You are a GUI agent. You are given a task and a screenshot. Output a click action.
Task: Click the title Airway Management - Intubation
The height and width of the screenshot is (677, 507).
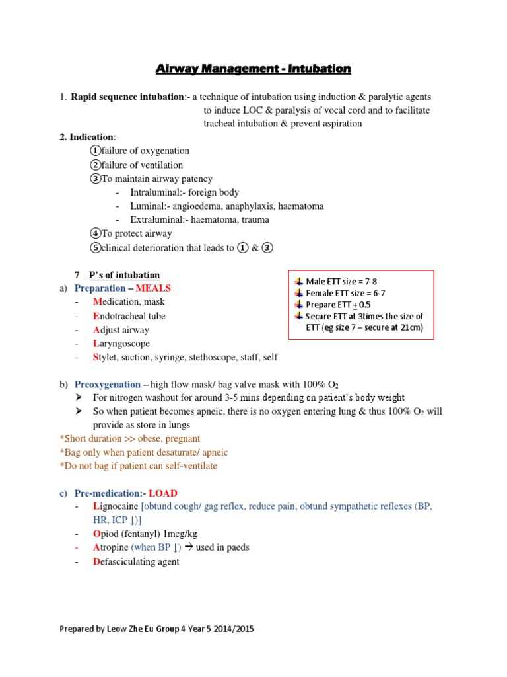coord(253,68)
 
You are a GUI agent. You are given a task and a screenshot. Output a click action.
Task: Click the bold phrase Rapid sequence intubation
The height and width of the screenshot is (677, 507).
coord(128,97)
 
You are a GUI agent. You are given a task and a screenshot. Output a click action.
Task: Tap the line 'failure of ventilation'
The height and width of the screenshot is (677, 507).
coord(142,165)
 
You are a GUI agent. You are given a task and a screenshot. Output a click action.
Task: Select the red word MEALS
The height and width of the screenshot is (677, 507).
coord(153,288)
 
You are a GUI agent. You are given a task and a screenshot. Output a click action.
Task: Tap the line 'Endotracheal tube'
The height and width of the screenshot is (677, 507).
coord(129,316)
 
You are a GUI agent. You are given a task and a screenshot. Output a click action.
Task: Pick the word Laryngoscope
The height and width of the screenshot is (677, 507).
coord(121,344)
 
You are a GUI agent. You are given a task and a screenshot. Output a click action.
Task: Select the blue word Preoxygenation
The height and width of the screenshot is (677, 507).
coord(108,384)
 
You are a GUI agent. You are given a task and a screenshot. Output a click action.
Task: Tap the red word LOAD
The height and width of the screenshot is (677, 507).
coord(163,493)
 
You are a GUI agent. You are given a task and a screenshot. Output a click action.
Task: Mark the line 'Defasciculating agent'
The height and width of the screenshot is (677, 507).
coord(136,562)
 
